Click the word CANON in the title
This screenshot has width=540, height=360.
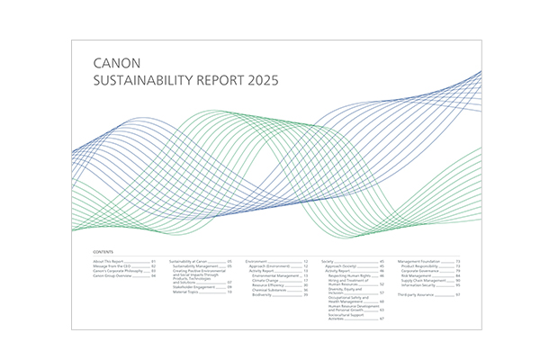(x=112, y=65)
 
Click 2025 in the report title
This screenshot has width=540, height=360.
(x=261, y=80)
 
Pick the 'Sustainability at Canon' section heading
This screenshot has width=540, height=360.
(x=189, y=260)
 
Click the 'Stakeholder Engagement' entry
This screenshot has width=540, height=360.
(x=194, y=287)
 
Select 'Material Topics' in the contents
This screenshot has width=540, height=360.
(x=188, y=292)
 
